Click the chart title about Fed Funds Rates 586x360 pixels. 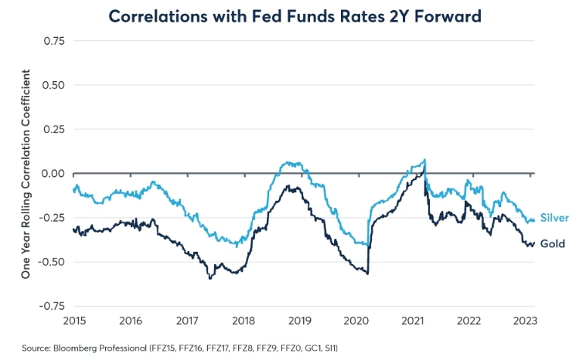[x=293, y=16]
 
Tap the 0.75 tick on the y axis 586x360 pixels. [x=53, y=40]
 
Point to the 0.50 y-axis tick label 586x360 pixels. [x=53, y=85]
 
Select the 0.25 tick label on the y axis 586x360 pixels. [x=53, y=129]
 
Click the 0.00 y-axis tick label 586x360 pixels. [x=53, y=173]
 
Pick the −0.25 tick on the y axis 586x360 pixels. [x=50, y=218]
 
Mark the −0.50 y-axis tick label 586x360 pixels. [x=50, y=262]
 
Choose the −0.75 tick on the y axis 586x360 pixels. [x=50, y=306]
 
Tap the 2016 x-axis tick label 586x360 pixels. [x=131, y=320]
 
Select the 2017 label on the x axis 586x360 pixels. [x=188, y=320]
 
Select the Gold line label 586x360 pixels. [x=553, y=244]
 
